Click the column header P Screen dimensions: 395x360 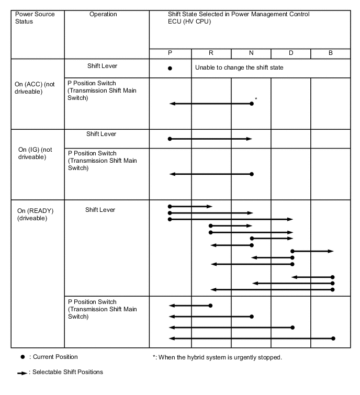[x=170, y=53]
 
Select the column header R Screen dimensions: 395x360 [x=211, y=53]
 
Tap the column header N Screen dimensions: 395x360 [x=251, y=53]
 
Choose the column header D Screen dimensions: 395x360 [x=290, y=53]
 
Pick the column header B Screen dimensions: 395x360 [x=330, y=53]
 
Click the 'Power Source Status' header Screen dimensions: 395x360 [x=32, y=18]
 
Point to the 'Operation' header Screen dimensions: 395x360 [x=103, y=14]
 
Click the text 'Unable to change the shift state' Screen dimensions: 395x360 [x=239, y=67]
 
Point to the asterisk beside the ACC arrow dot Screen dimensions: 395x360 [x=256, y=99]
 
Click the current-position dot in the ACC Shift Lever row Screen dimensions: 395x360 [x=170, y=68]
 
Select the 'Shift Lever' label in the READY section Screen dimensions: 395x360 [x=100, y=210]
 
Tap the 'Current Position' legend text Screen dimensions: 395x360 [x=54, y=357]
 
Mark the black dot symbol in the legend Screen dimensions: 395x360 [x=22, y=357]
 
